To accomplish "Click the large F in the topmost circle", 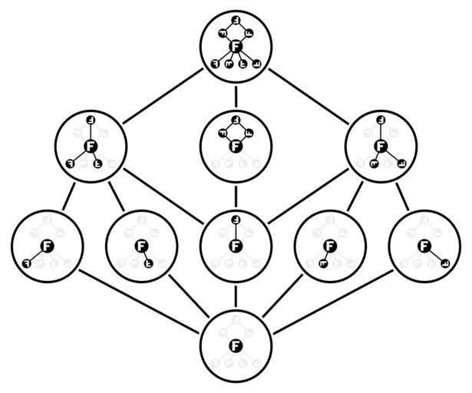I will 236,48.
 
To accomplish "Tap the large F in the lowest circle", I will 236,345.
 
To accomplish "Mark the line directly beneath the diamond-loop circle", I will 236,194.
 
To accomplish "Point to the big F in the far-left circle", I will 47,246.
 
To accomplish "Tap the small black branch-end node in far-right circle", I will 444,263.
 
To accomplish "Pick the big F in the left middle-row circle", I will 90,145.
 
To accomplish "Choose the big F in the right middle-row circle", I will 380,145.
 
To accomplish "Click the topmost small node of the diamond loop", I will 236,119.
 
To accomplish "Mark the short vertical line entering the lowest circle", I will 236,296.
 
